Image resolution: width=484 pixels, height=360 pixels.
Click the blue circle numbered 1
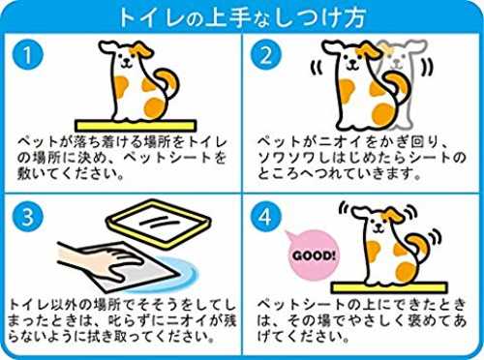tap(28, 54)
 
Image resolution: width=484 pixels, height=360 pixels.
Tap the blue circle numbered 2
tap(266, 54)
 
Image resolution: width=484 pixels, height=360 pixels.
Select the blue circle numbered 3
tap(28, 217)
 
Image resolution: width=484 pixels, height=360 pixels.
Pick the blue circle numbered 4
tap(266, 217)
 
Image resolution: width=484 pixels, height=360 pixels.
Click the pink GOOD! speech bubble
tap(312, 255)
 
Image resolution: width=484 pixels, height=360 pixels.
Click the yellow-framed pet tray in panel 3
tap(159, 224)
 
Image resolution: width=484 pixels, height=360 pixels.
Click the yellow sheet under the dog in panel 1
tap(136, 126)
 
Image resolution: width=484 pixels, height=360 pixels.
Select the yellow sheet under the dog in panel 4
tap(389, 287)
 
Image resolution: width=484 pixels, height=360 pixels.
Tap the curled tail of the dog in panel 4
tap(418, 249)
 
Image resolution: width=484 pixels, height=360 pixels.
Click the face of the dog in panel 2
tap(350, 61)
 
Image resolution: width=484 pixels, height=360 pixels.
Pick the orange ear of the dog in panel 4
tap(393, 216)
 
